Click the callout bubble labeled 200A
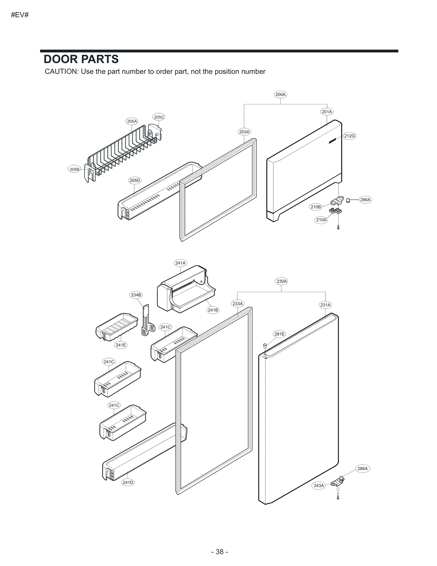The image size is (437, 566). click(280, 95)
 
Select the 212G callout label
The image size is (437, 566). click(349, 136)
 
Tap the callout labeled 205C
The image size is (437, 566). click(159, 117)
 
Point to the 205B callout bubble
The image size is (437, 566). click(74, 169)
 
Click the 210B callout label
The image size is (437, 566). click(315, 207)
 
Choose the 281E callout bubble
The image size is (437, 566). click(279, 334)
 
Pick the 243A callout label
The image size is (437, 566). click(318, 486)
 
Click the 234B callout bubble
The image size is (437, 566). click(136, 295)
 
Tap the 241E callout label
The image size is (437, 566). click(120, 345)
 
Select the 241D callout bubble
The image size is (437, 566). click(128, 482)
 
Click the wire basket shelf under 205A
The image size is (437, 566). click(123, 153)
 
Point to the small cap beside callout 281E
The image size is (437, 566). click(264, 346)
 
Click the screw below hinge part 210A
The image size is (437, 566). click(338, 227)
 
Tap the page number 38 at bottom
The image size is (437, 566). click(220, 552)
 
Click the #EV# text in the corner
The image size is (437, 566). click(20, 15)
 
